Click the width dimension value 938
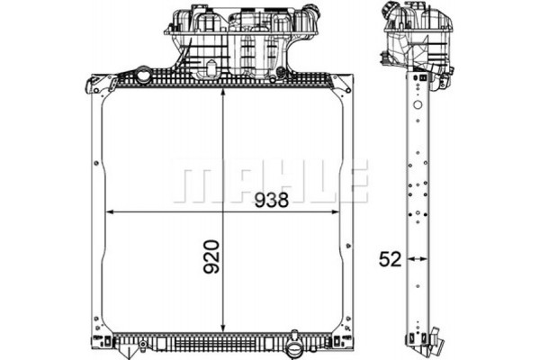click(271, 200)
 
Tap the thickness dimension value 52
click(388, 259)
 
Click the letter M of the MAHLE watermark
click(192, 182)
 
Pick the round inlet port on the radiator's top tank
click(146, 76)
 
